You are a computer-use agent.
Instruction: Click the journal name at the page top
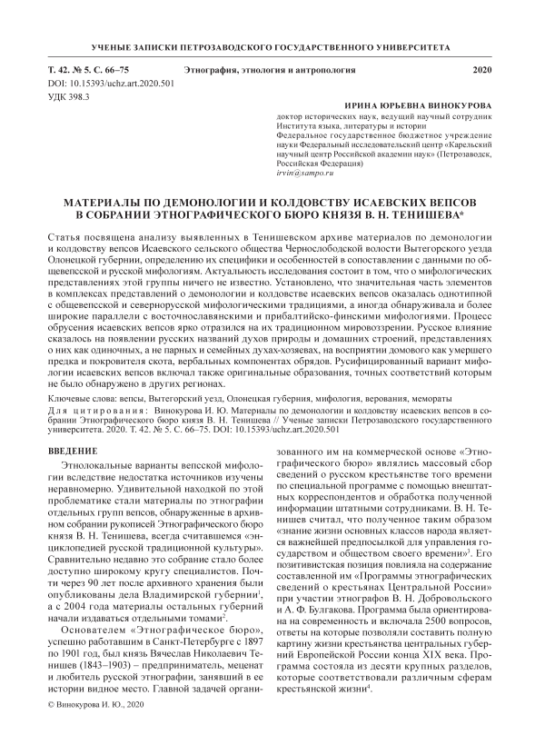pyautogui.click(x=272, y=44)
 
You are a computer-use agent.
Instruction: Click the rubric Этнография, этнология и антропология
pyautogui.click(x=272, y=70)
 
